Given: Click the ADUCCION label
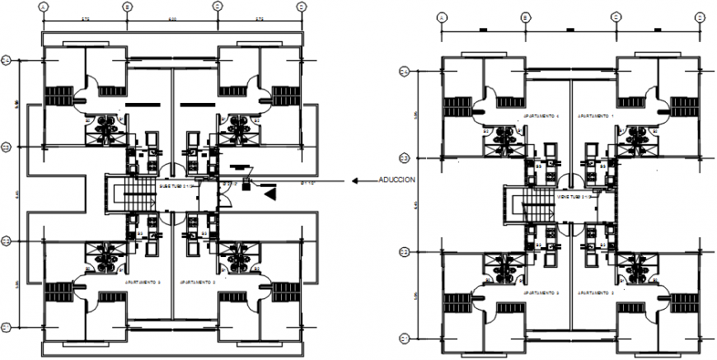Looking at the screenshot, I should (396, 180).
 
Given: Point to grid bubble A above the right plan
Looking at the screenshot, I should (441, 16).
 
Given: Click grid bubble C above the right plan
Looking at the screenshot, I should (615, 16).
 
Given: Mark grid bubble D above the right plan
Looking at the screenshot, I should (699, 16).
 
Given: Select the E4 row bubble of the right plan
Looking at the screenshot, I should (404, 72).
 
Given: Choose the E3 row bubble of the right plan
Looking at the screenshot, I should (404, 157).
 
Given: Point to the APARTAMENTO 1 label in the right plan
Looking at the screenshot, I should (595, 116).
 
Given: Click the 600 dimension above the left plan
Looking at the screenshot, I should (172, 18).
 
